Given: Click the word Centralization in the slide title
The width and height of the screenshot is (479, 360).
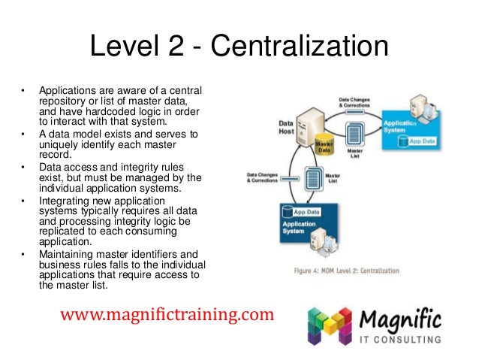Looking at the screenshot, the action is [300, 50].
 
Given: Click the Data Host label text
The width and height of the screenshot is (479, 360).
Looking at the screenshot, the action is [286, 129].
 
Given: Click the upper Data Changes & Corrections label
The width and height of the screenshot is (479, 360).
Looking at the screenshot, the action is [358, 101].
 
